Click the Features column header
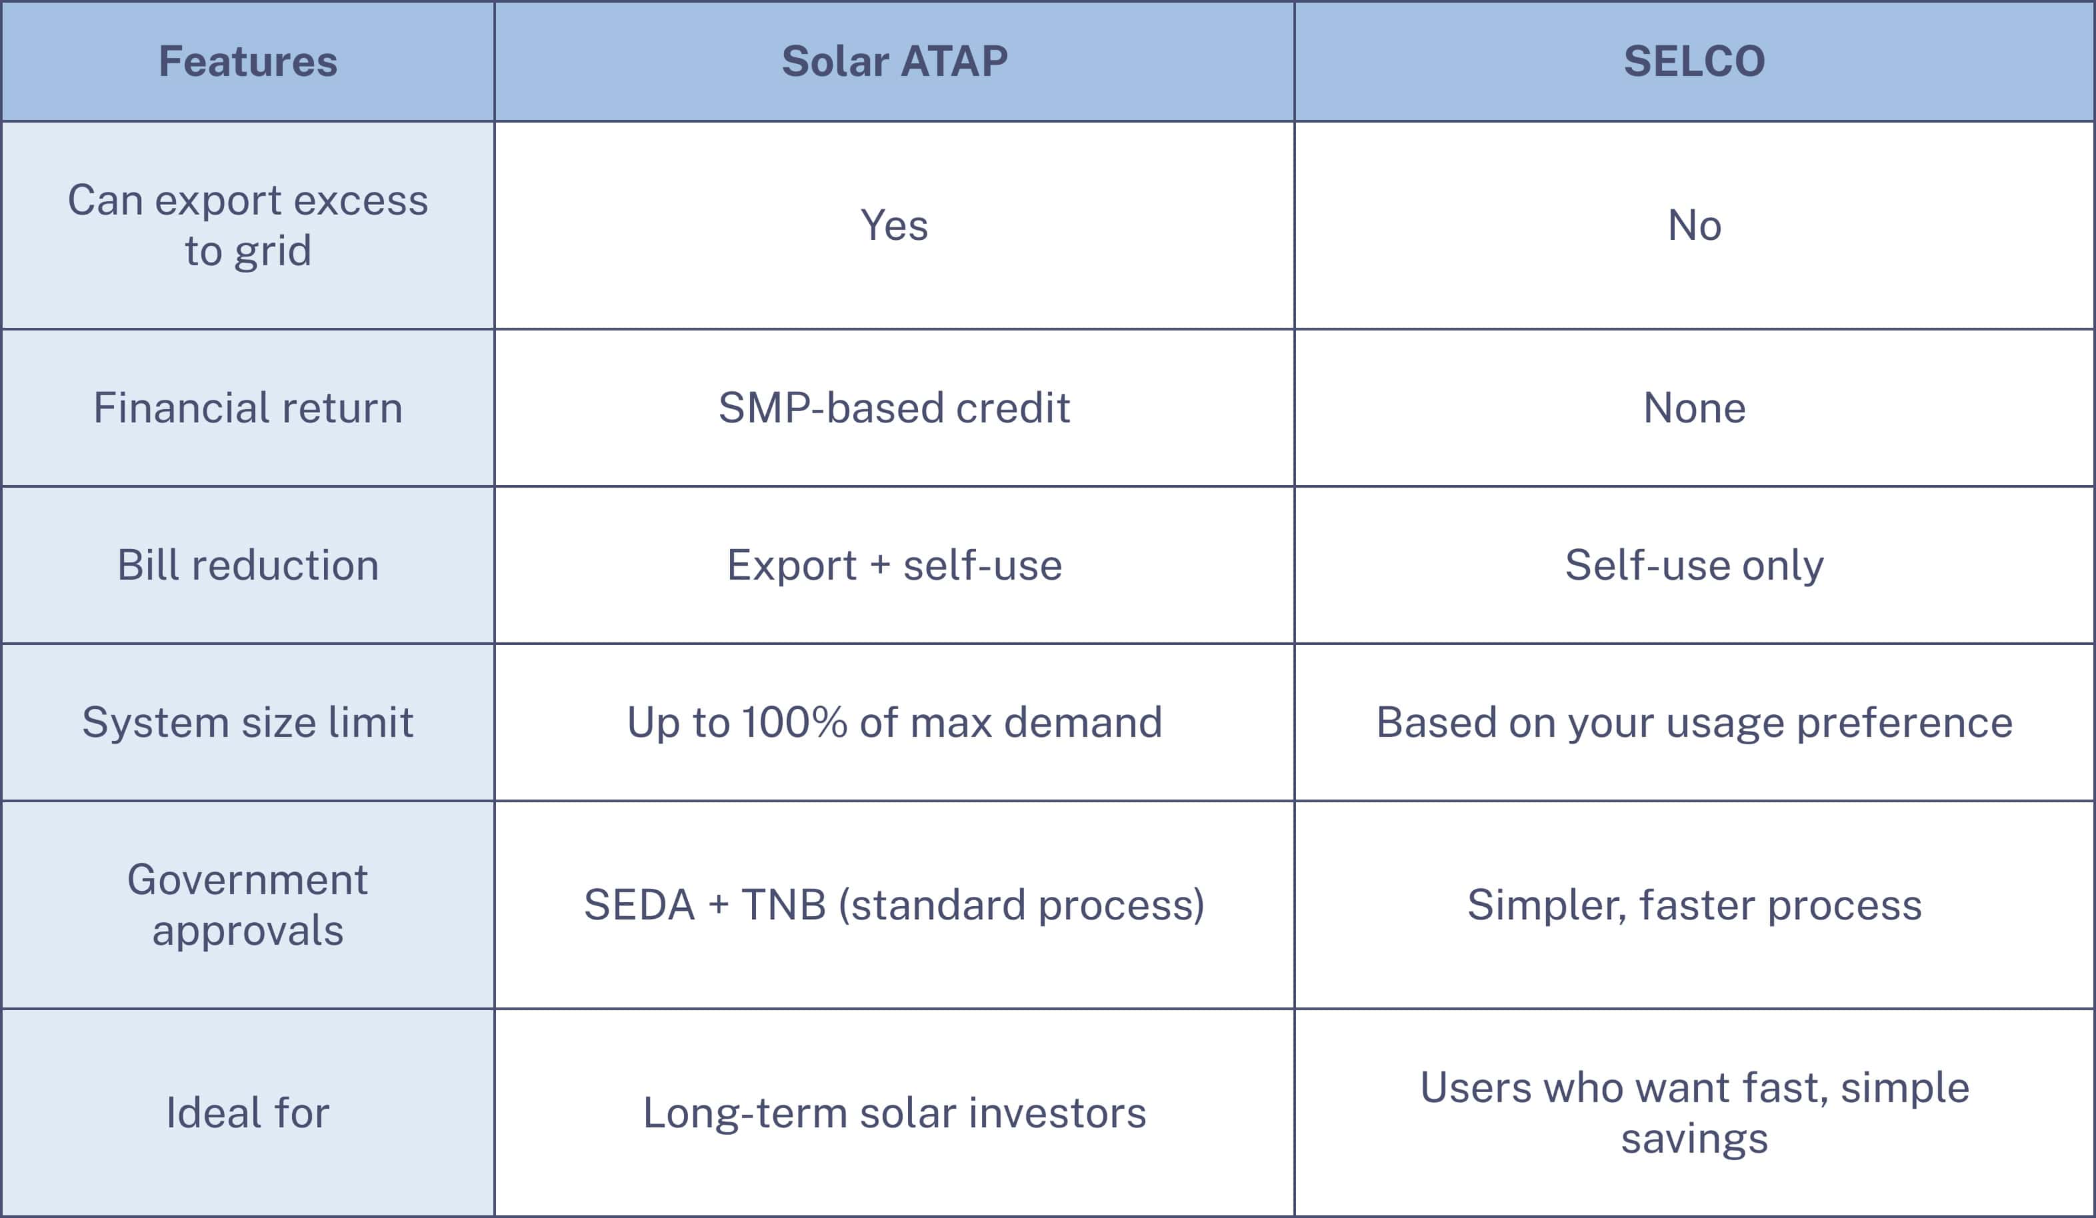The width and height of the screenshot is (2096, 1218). (248, 61)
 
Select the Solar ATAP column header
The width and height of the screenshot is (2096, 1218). (894, 61)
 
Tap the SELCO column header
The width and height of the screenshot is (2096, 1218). (1694, 61)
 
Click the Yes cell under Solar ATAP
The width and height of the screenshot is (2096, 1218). (894, 225)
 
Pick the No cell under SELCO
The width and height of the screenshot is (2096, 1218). (1694, 225)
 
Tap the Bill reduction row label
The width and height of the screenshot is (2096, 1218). (248, 565)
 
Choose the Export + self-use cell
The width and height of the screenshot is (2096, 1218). (894, 565)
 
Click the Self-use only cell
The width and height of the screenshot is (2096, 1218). (1694, 565)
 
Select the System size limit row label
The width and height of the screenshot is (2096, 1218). (248, 722)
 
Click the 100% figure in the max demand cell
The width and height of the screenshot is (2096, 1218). (794, 722)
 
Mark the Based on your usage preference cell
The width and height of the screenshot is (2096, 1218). (1694, 722)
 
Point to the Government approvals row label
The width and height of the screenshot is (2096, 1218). (248, 905)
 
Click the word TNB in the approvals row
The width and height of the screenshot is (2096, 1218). (783, 905)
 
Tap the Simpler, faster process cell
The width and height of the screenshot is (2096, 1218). (1694, 905)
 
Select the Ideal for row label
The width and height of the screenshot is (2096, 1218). (248, 1113)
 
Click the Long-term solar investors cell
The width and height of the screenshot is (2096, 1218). (894, 1113)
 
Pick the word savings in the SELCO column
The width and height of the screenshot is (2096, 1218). (1694, 1139)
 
